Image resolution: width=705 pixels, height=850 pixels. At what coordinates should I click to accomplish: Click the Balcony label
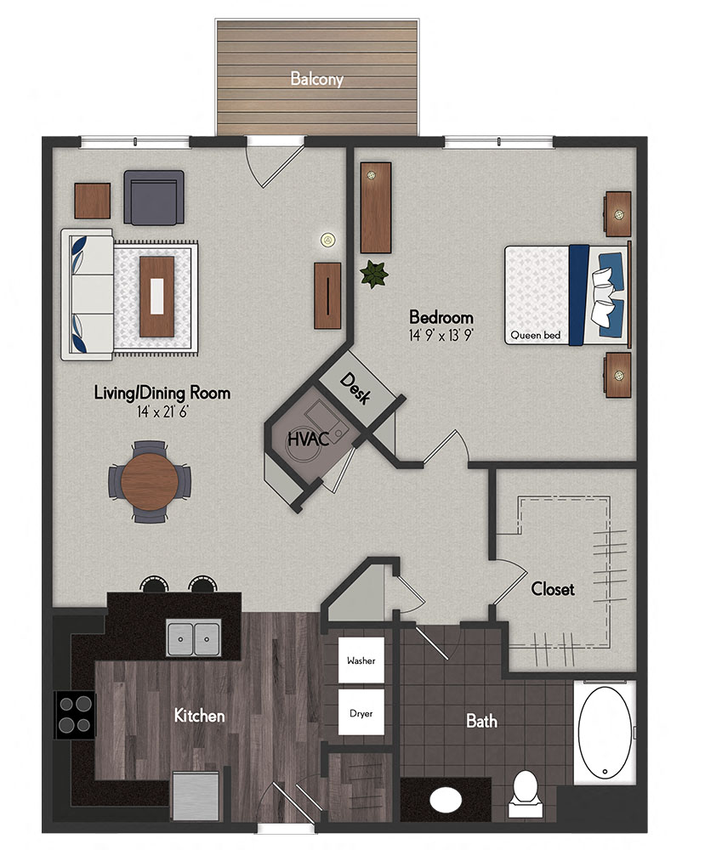pyautogui.click(x=316, y=79)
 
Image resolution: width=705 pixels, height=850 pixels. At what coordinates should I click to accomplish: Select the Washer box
pyautogui.click(x=361, y=660)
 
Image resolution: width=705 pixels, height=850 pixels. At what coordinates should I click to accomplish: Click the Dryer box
pyautogui.click(x=361, y=712)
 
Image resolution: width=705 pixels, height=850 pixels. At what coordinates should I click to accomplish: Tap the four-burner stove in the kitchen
pyautogui.click(x=74, y=714)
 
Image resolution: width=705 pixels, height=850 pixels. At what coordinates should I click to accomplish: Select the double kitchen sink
pyautogui.click(x=194, y=637)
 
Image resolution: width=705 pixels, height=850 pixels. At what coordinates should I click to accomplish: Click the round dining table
pyautogui.click(x=150, y=481)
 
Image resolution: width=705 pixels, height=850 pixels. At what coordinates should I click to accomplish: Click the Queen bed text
pyautogui.click(x=535, y=336)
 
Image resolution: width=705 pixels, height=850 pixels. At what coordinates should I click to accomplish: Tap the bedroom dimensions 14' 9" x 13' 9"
pyautogui.click(x=440, y=335)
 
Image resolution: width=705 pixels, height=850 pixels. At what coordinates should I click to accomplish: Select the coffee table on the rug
pyautogui.click(x=157, y=295)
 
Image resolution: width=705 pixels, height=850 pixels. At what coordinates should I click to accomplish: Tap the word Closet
pyautogui.click(x=553, y=588)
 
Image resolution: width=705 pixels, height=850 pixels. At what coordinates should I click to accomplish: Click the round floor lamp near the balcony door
pyautogui.click(x=327, y=241)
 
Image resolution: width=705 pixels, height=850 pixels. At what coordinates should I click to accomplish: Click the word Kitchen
pyautogui.click(x=199, y=716)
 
